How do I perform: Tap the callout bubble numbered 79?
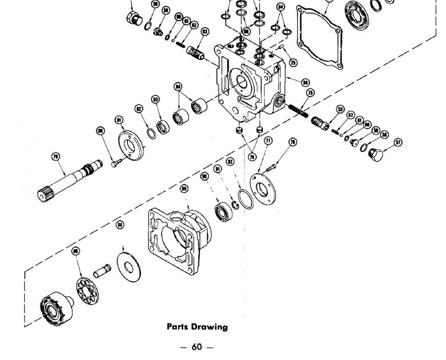[x=56, y=157]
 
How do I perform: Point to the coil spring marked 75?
[x=298, y=111]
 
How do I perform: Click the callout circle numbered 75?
[x=310, y=93]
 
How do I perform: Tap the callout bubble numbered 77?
[x=268, y=141]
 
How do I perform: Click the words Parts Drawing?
[x=197, y=327]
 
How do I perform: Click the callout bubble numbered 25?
[x=293, y=62]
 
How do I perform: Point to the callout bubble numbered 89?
[x=184, y=188]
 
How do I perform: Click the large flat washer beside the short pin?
[x=128, y=268]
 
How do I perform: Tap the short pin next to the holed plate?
[x=102, y=270]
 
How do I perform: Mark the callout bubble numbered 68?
[x=305, y=83]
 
